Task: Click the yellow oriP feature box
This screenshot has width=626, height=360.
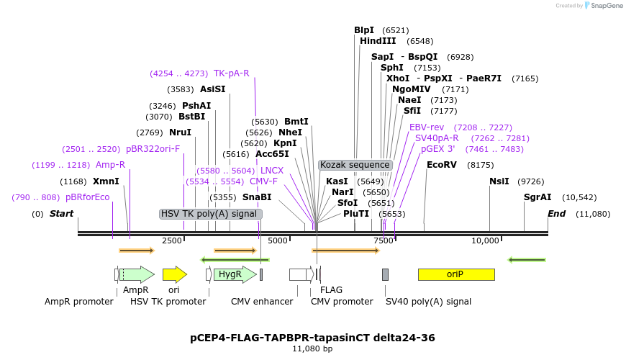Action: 455,274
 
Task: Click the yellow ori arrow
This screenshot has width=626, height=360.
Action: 174,274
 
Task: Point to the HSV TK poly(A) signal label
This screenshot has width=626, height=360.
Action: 209,214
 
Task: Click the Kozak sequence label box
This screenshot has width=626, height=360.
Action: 355,165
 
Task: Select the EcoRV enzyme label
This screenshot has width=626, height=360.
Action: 442,165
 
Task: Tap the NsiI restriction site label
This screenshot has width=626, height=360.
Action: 499,181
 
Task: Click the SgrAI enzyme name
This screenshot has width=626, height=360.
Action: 537,197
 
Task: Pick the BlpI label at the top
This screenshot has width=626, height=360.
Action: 364,30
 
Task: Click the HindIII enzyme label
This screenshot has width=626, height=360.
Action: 378,41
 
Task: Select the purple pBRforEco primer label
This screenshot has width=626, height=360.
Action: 87,197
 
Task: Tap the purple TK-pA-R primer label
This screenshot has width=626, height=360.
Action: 231,73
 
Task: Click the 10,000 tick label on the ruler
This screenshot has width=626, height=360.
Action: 485,240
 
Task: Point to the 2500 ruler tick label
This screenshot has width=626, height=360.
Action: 172,240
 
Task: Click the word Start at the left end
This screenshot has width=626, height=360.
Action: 62,214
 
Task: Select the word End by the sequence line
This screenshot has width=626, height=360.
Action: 556,214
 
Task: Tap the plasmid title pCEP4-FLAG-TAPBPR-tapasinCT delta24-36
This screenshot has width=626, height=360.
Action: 312,337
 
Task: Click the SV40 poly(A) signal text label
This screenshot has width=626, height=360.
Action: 428,302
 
